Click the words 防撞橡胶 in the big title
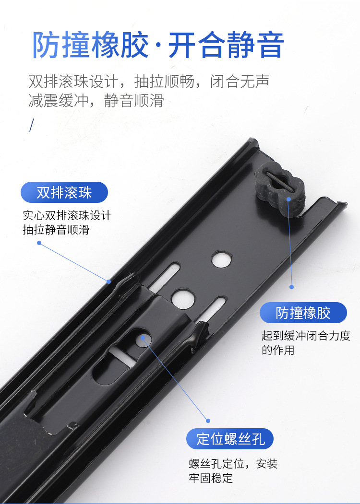click(x=90, y=46)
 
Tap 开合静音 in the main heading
click(x=226, y=46)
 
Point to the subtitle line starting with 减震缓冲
click(x=96, y=101)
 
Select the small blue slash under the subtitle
click(x=32, y=125)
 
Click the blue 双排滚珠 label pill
click(x=64, y=192)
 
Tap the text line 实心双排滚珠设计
click(x=67, y=215)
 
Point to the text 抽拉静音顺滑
click(x=56, y=230)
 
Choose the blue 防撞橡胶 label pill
click(x=303, y=313)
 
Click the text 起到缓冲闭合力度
click(x=306, y=336)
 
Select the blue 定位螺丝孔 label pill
click(x=230, y=439)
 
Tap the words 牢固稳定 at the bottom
click(x=211, y=478)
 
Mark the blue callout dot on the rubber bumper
click(x=289, y=198)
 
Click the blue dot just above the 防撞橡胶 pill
click(x=291, y=287)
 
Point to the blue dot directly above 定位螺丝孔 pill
click(x=208, y=420)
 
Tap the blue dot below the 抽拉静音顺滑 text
click(x=39, y=243)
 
